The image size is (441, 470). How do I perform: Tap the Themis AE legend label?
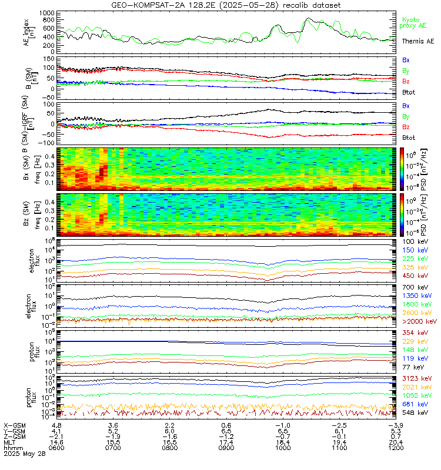[418, 41]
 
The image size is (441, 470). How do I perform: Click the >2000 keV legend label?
[419, 321]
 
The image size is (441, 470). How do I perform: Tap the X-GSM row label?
[15, 425]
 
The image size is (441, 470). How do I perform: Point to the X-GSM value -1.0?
[282, 425]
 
